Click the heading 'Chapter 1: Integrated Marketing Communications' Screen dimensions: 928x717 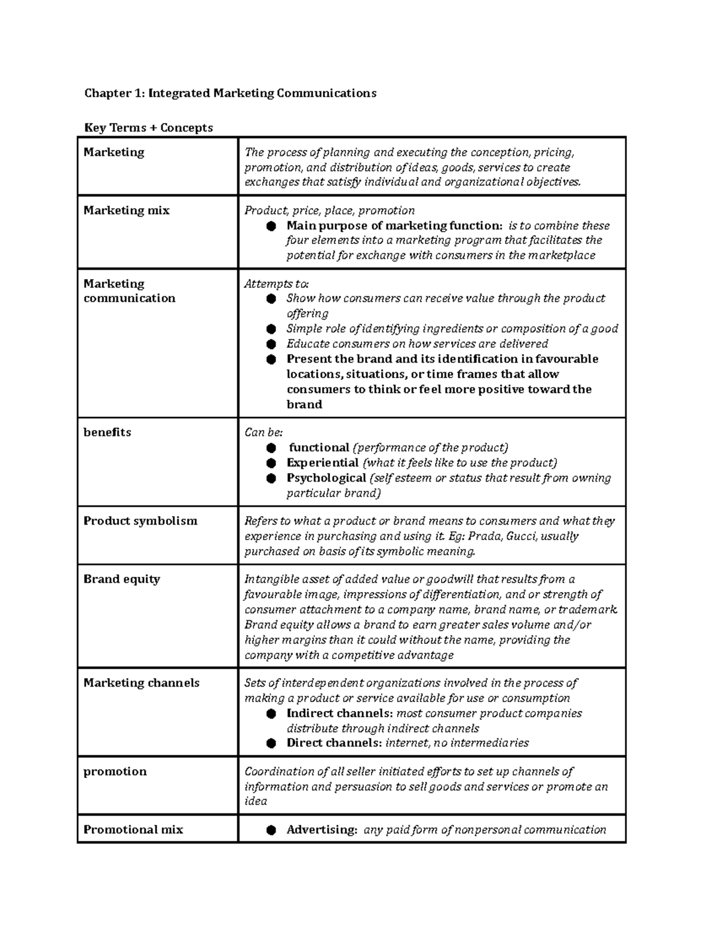(230, 93)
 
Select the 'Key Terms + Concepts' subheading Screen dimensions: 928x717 (148, 128)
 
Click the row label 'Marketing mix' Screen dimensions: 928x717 (126, 210)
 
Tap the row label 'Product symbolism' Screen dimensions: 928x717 (140, 521)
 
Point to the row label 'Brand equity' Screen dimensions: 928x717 (121, 579)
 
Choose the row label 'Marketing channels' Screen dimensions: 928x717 (141, 683)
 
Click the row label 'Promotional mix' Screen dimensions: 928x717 (133, 829)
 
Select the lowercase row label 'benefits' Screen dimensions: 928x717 (107, 432)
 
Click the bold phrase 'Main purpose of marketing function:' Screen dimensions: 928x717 (394, 226)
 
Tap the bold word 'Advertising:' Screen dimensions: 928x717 (322, 829)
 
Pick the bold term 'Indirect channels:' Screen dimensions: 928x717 (339, 713)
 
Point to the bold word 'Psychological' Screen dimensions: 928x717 (326, 478)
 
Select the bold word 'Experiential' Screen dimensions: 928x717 (323, 463)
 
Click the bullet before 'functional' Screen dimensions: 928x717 (271, 448)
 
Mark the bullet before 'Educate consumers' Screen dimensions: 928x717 (271, 344)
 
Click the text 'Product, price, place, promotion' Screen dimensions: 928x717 (329, 210)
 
